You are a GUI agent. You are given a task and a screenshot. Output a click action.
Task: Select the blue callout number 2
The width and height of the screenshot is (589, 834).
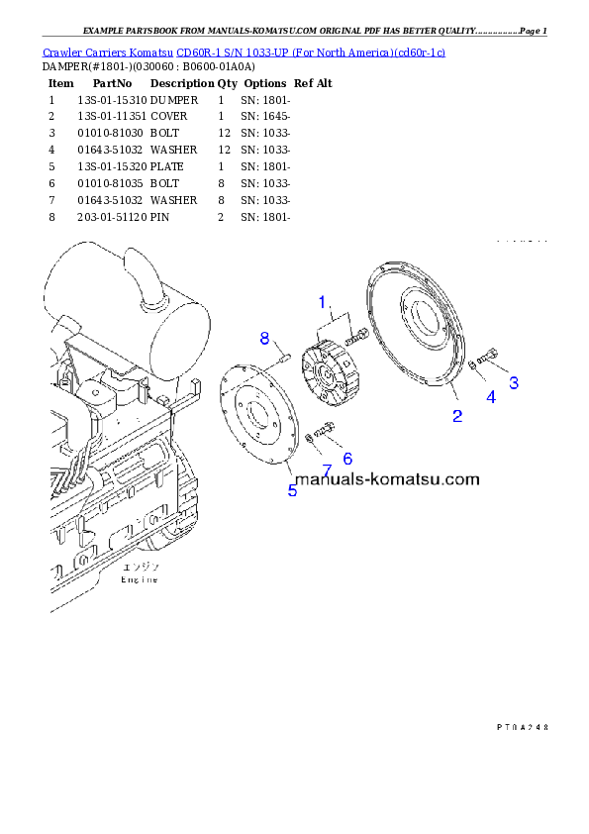457,416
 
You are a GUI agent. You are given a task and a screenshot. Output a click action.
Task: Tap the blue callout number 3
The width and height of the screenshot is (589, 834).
514,381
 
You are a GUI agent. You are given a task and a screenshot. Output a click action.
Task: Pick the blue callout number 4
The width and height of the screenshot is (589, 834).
490,397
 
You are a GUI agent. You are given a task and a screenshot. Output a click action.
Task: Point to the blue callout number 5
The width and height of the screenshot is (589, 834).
292,490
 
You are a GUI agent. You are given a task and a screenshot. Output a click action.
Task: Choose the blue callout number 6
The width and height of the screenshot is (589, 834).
347,459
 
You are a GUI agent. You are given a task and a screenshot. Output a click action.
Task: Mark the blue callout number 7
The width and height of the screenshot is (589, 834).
326,469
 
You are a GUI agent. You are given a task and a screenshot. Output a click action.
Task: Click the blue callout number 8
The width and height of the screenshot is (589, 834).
264,338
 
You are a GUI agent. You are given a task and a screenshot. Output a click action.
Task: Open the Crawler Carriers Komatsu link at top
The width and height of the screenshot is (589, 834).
244,51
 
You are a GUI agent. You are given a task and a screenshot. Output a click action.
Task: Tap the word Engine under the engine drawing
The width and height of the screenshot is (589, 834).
140,579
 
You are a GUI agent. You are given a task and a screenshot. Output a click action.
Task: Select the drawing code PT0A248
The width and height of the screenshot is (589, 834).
522,727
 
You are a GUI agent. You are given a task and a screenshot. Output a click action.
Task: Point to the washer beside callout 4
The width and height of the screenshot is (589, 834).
473,365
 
